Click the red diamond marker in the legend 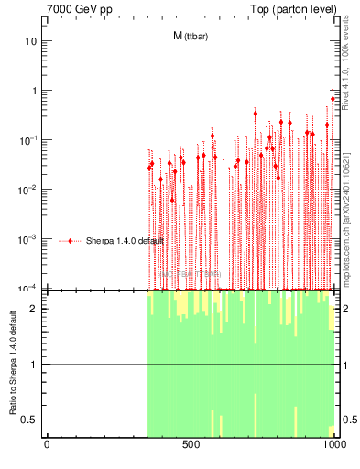point(71,241)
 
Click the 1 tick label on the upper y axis point(35,91)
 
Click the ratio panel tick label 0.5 point(31,420)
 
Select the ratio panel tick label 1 point(35,365)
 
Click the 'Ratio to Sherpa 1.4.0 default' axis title point(13,364)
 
